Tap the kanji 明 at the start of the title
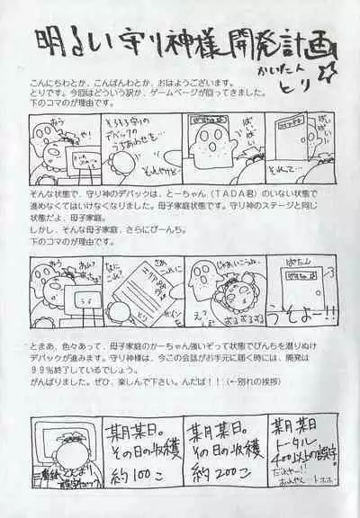pyautogui.click(x=47, y=41)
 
